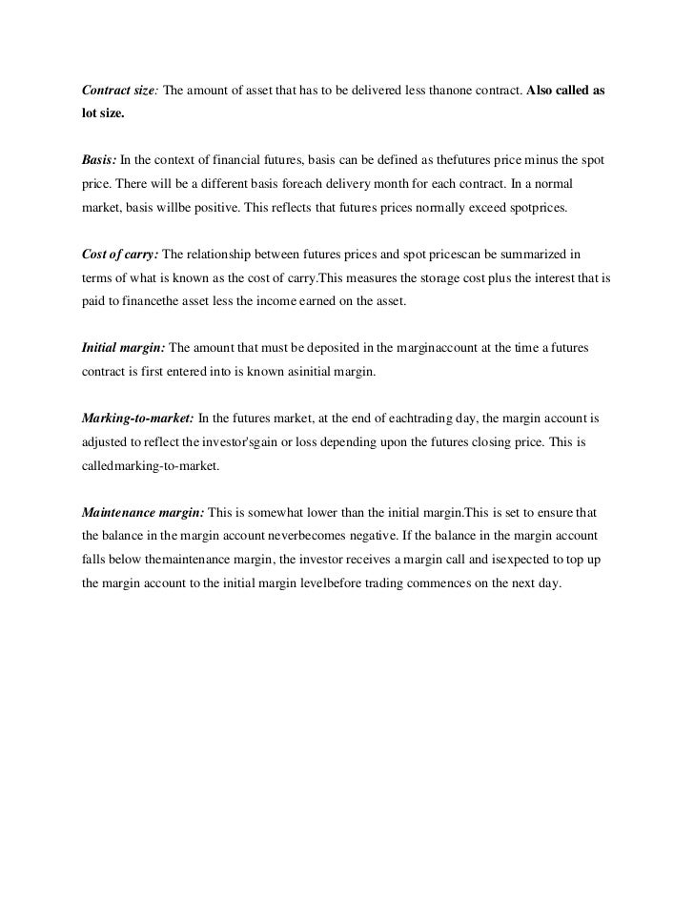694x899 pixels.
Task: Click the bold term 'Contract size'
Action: pyautogui.click(x=119, y=91)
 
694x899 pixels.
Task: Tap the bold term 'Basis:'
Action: pyautogui.click(x=99, y=157)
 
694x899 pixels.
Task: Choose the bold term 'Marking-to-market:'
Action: pyautogui.click(x=138, y=419)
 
